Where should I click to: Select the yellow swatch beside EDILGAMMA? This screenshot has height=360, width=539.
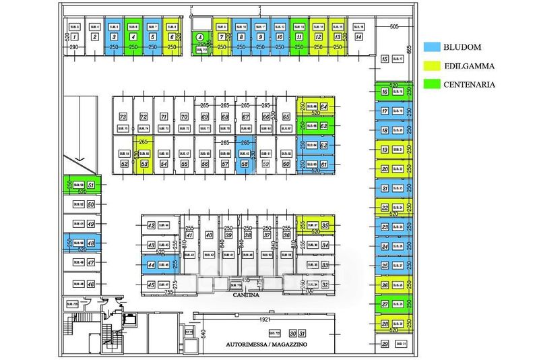tap(432, 66)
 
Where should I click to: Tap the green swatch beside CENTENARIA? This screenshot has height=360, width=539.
tap(432, 84)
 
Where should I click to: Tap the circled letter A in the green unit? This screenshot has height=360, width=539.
tap(199, 38)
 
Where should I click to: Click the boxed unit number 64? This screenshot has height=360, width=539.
tap(324, 107)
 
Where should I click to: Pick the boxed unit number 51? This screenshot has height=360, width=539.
tap(91, 185)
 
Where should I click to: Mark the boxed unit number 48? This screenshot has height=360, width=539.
tap(91, 243)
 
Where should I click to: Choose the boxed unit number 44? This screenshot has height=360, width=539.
tap(152, 266)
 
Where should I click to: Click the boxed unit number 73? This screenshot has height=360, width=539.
tap(123, 117)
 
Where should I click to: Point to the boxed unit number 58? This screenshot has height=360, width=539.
tap(245, 164)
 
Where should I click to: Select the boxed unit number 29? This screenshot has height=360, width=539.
tap(385, 344)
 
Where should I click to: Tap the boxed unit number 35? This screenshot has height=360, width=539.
tap(325, 225)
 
